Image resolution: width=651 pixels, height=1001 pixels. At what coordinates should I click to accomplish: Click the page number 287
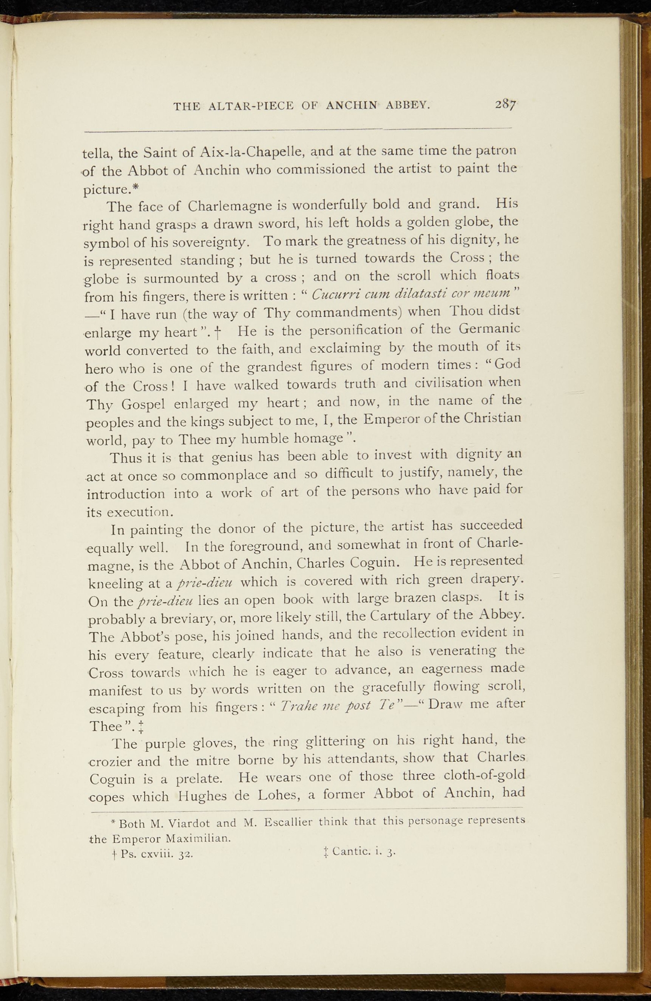[x=505, y=104]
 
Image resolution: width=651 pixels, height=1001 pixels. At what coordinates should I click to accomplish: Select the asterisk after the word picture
[x=136, y=187]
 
